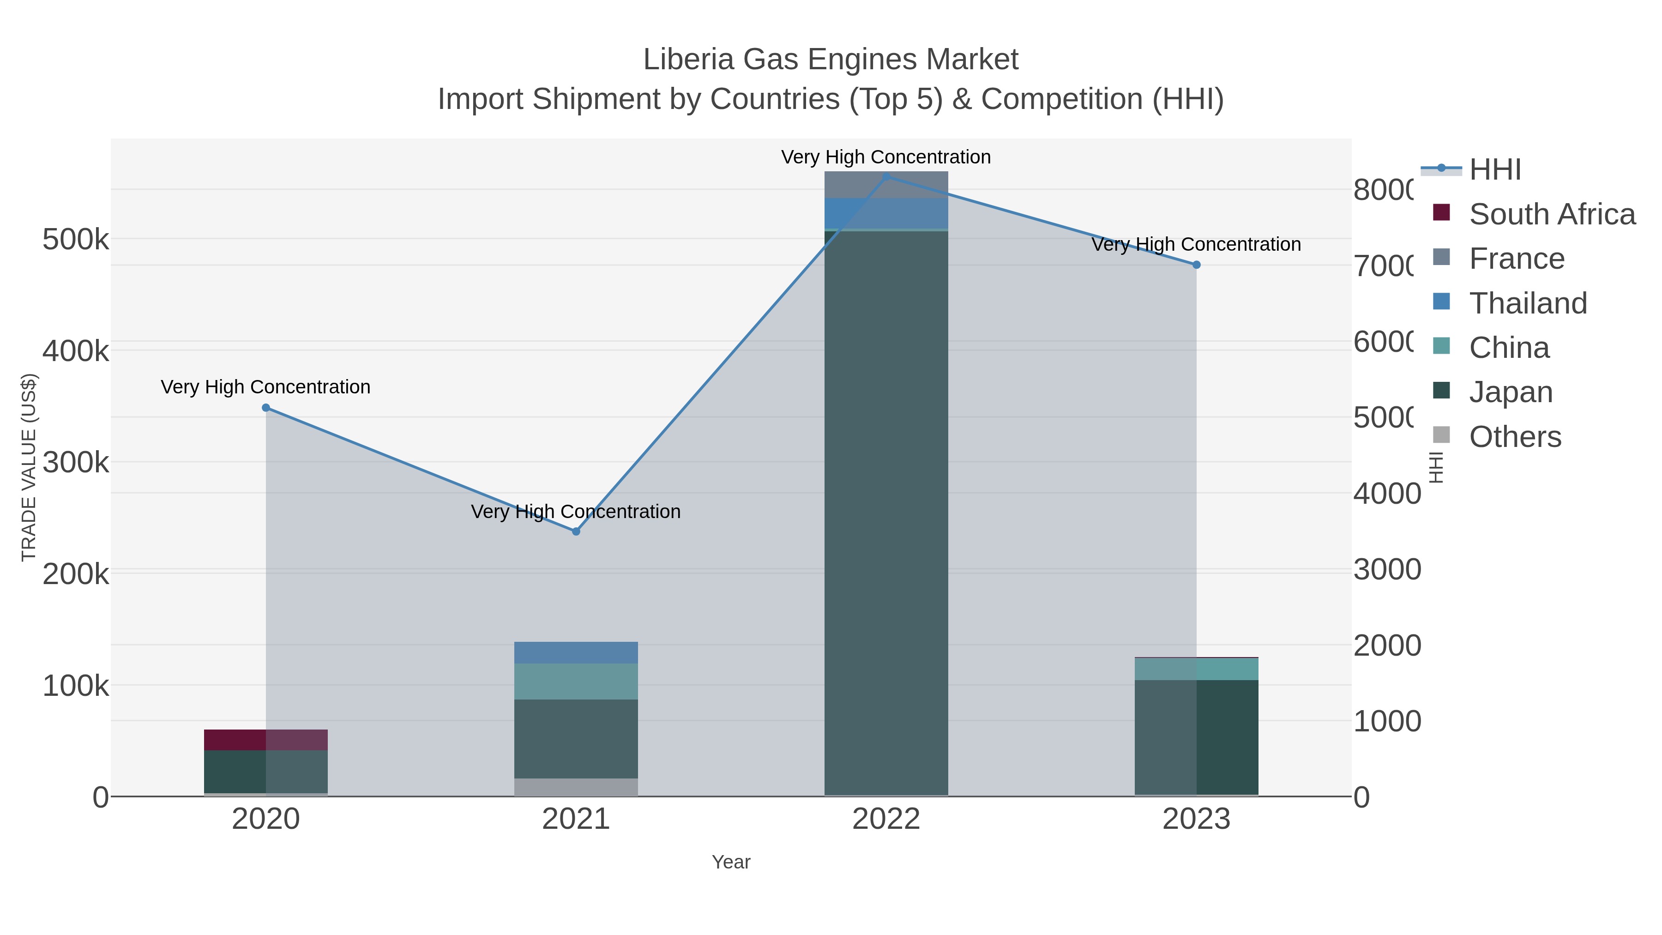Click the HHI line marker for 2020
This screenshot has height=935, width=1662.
(x=266, y=408)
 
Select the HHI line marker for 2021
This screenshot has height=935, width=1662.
(x=576, y=532)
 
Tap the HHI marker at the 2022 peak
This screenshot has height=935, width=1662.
(x=886, y=177)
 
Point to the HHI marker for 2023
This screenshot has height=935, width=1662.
(x=1196, y=265)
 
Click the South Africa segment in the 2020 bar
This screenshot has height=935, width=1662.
(x=266, y=740)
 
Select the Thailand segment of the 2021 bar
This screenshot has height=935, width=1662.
(x=576, y=652)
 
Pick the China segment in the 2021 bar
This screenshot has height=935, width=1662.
(x=576, y=682)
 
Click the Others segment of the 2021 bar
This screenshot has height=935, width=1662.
(x=576, y=787)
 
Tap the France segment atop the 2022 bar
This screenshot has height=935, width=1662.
(x=886, y=185)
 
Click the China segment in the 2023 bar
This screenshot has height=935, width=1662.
(x=1196, y=669)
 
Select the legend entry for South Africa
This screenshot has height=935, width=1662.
(x=1551, y=214)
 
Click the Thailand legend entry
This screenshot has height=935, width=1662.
(x=1527, y=303)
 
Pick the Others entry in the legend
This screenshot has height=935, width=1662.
(x=1514, y=437)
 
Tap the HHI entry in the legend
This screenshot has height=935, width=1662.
(x=1494, y=170)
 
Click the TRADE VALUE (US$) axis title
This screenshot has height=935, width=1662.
(x=29, y=467)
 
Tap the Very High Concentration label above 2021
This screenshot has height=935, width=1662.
(x=576, y=512)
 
